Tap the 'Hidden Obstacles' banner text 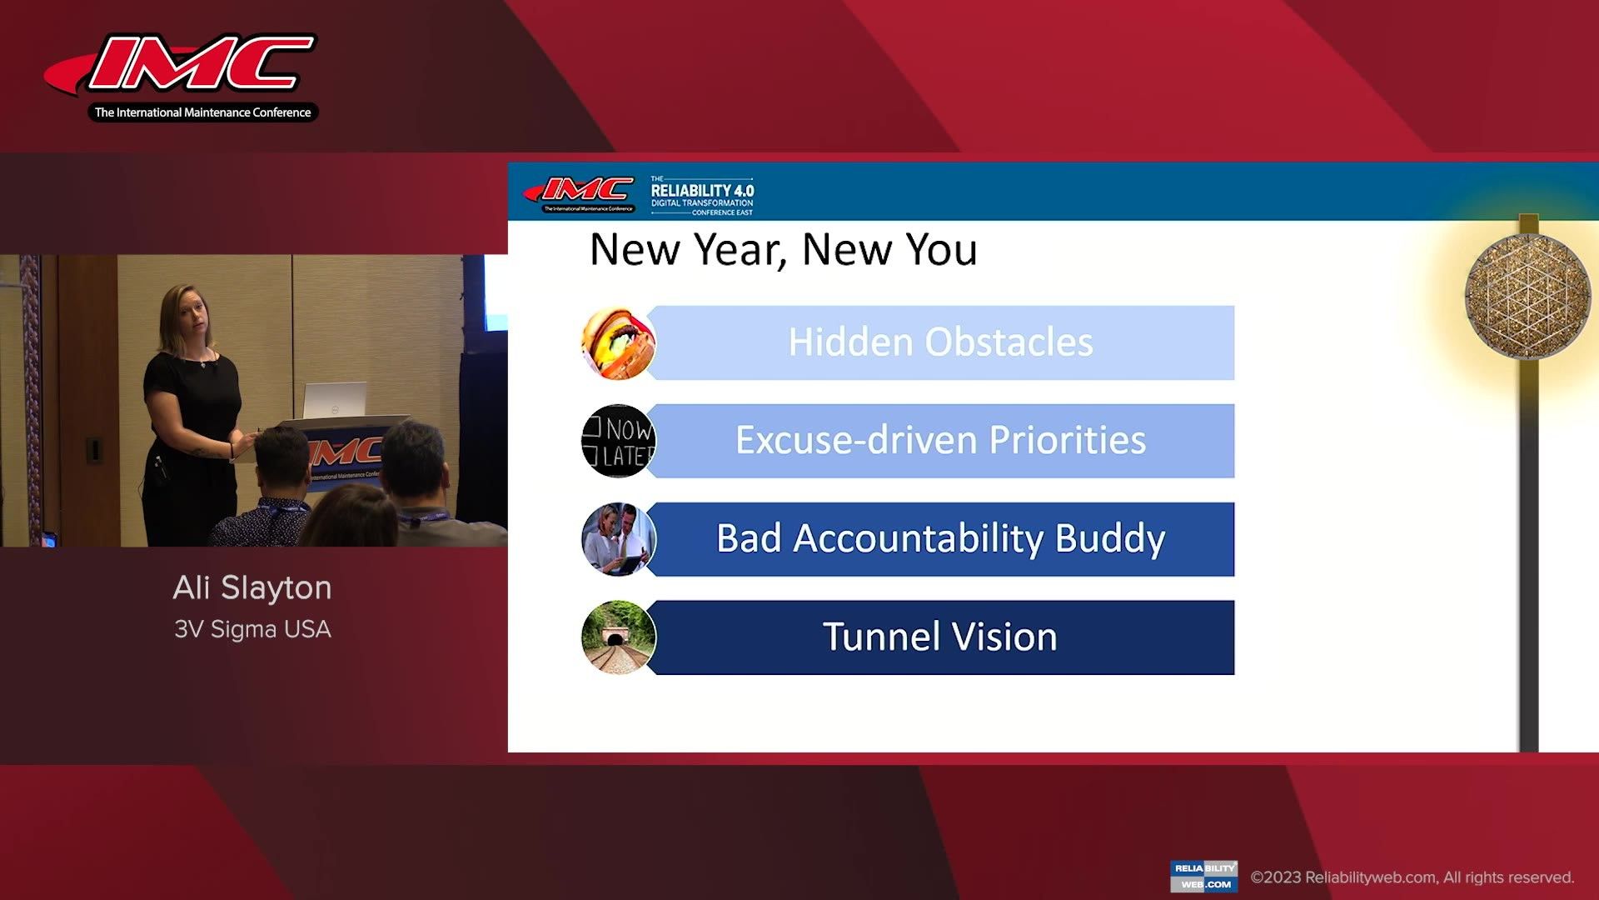pos(940,342)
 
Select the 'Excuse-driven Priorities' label pos(940,440)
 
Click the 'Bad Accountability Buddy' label pos(940,538)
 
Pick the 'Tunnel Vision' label pos(940,637)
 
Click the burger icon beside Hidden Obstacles pos(617,343)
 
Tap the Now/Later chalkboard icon pos(618,441)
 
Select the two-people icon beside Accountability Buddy pos(618,539)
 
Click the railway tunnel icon pos(618,637)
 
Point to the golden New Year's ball pos(1526,296)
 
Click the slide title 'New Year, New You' pos(783,249)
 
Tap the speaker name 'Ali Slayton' pos(252,588)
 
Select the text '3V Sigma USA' pos(252,629)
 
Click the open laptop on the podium pos(334,399)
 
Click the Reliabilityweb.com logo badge pos(1203,877)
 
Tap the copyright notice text pos(1412,877)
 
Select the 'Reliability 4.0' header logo pos(702,196)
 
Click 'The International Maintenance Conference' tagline pos(202,112)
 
